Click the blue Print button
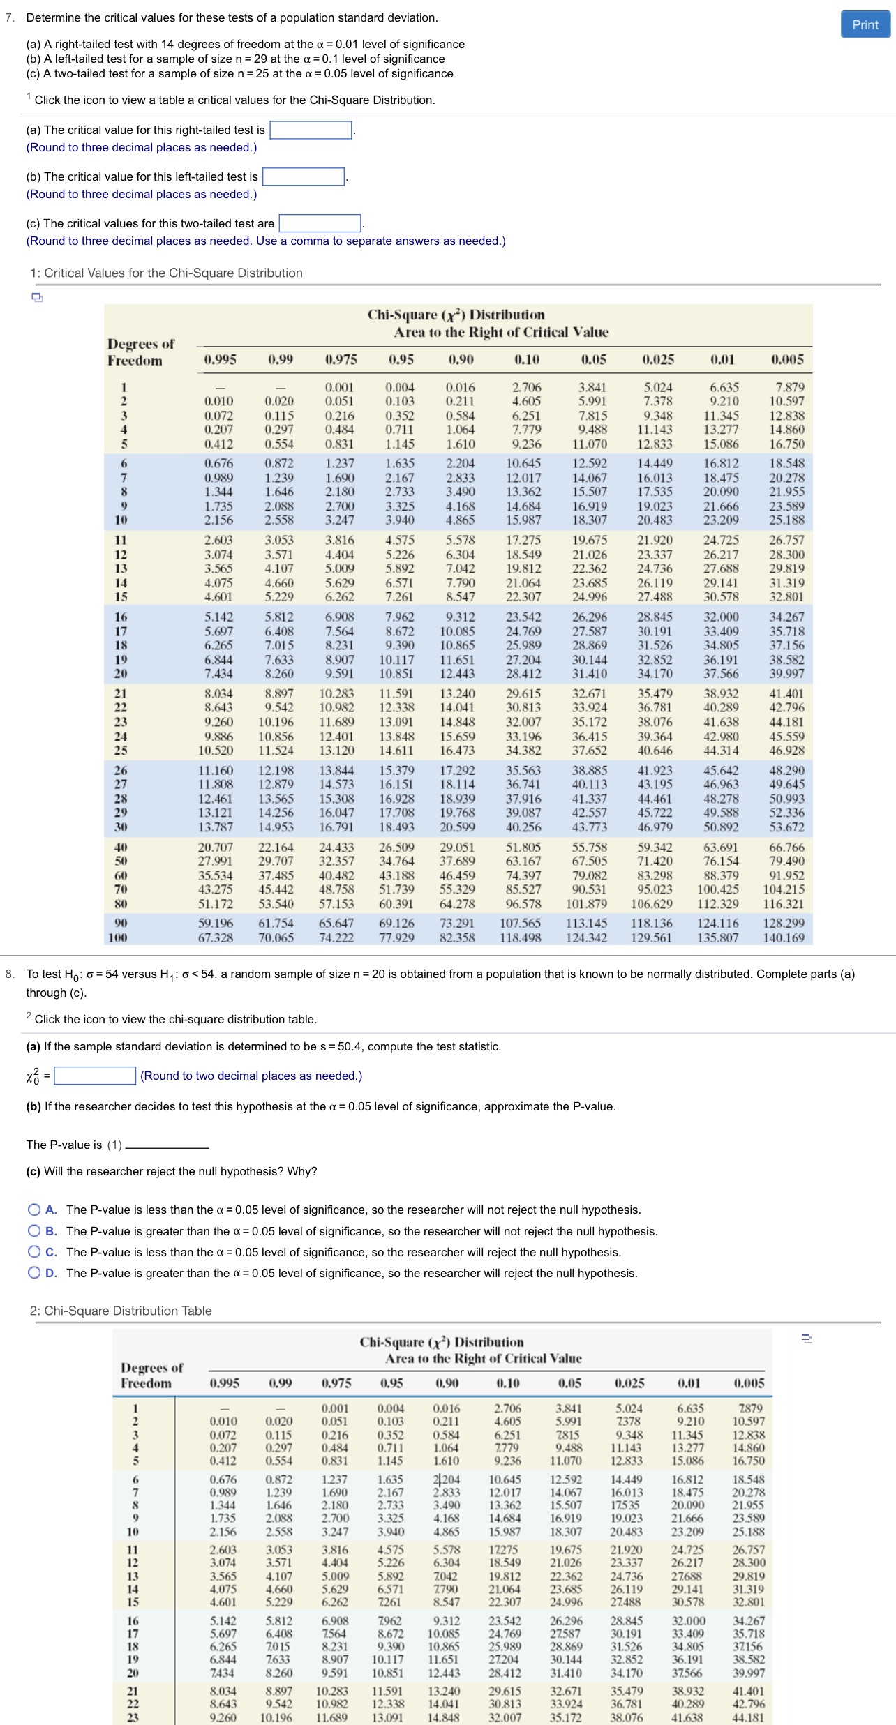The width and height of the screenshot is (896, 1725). click(x=865, y=24)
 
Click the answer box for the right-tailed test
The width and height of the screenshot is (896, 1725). click(x=311, y=130)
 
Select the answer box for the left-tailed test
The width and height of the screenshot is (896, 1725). click(x=304, y=177)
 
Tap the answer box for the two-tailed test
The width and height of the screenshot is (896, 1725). click(x=320, y=224)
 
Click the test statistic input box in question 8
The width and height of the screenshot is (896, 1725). click(x=95, y=1076)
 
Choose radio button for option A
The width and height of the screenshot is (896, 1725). click(x=34, y=1210)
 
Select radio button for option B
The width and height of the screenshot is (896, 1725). click(x=34, y=1231)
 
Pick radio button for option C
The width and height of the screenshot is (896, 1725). click(x=34, y=1252)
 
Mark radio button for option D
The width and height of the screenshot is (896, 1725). click(x=34, y=1273)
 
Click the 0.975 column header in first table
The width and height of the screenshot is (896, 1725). click(x=341, y=360)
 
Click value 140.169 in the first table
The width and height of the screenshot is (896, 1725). click(x=784, y=937)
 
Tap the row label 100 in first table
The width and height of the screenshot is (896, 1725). click(x=118, y=937)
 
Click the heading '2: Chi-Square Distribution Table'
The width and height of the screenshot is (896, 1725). click(x=121, y=1311)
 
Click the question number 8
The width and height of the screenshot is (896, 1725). click(x=10, y=974)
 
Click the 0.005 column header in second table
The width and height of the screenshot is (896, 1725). click(x=749, y=1383)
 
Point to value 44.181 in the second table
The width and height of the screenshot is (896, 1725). click(x=749, y=1717)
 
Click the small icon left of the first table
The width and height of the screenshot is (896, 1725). click(x=37, y=298)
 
